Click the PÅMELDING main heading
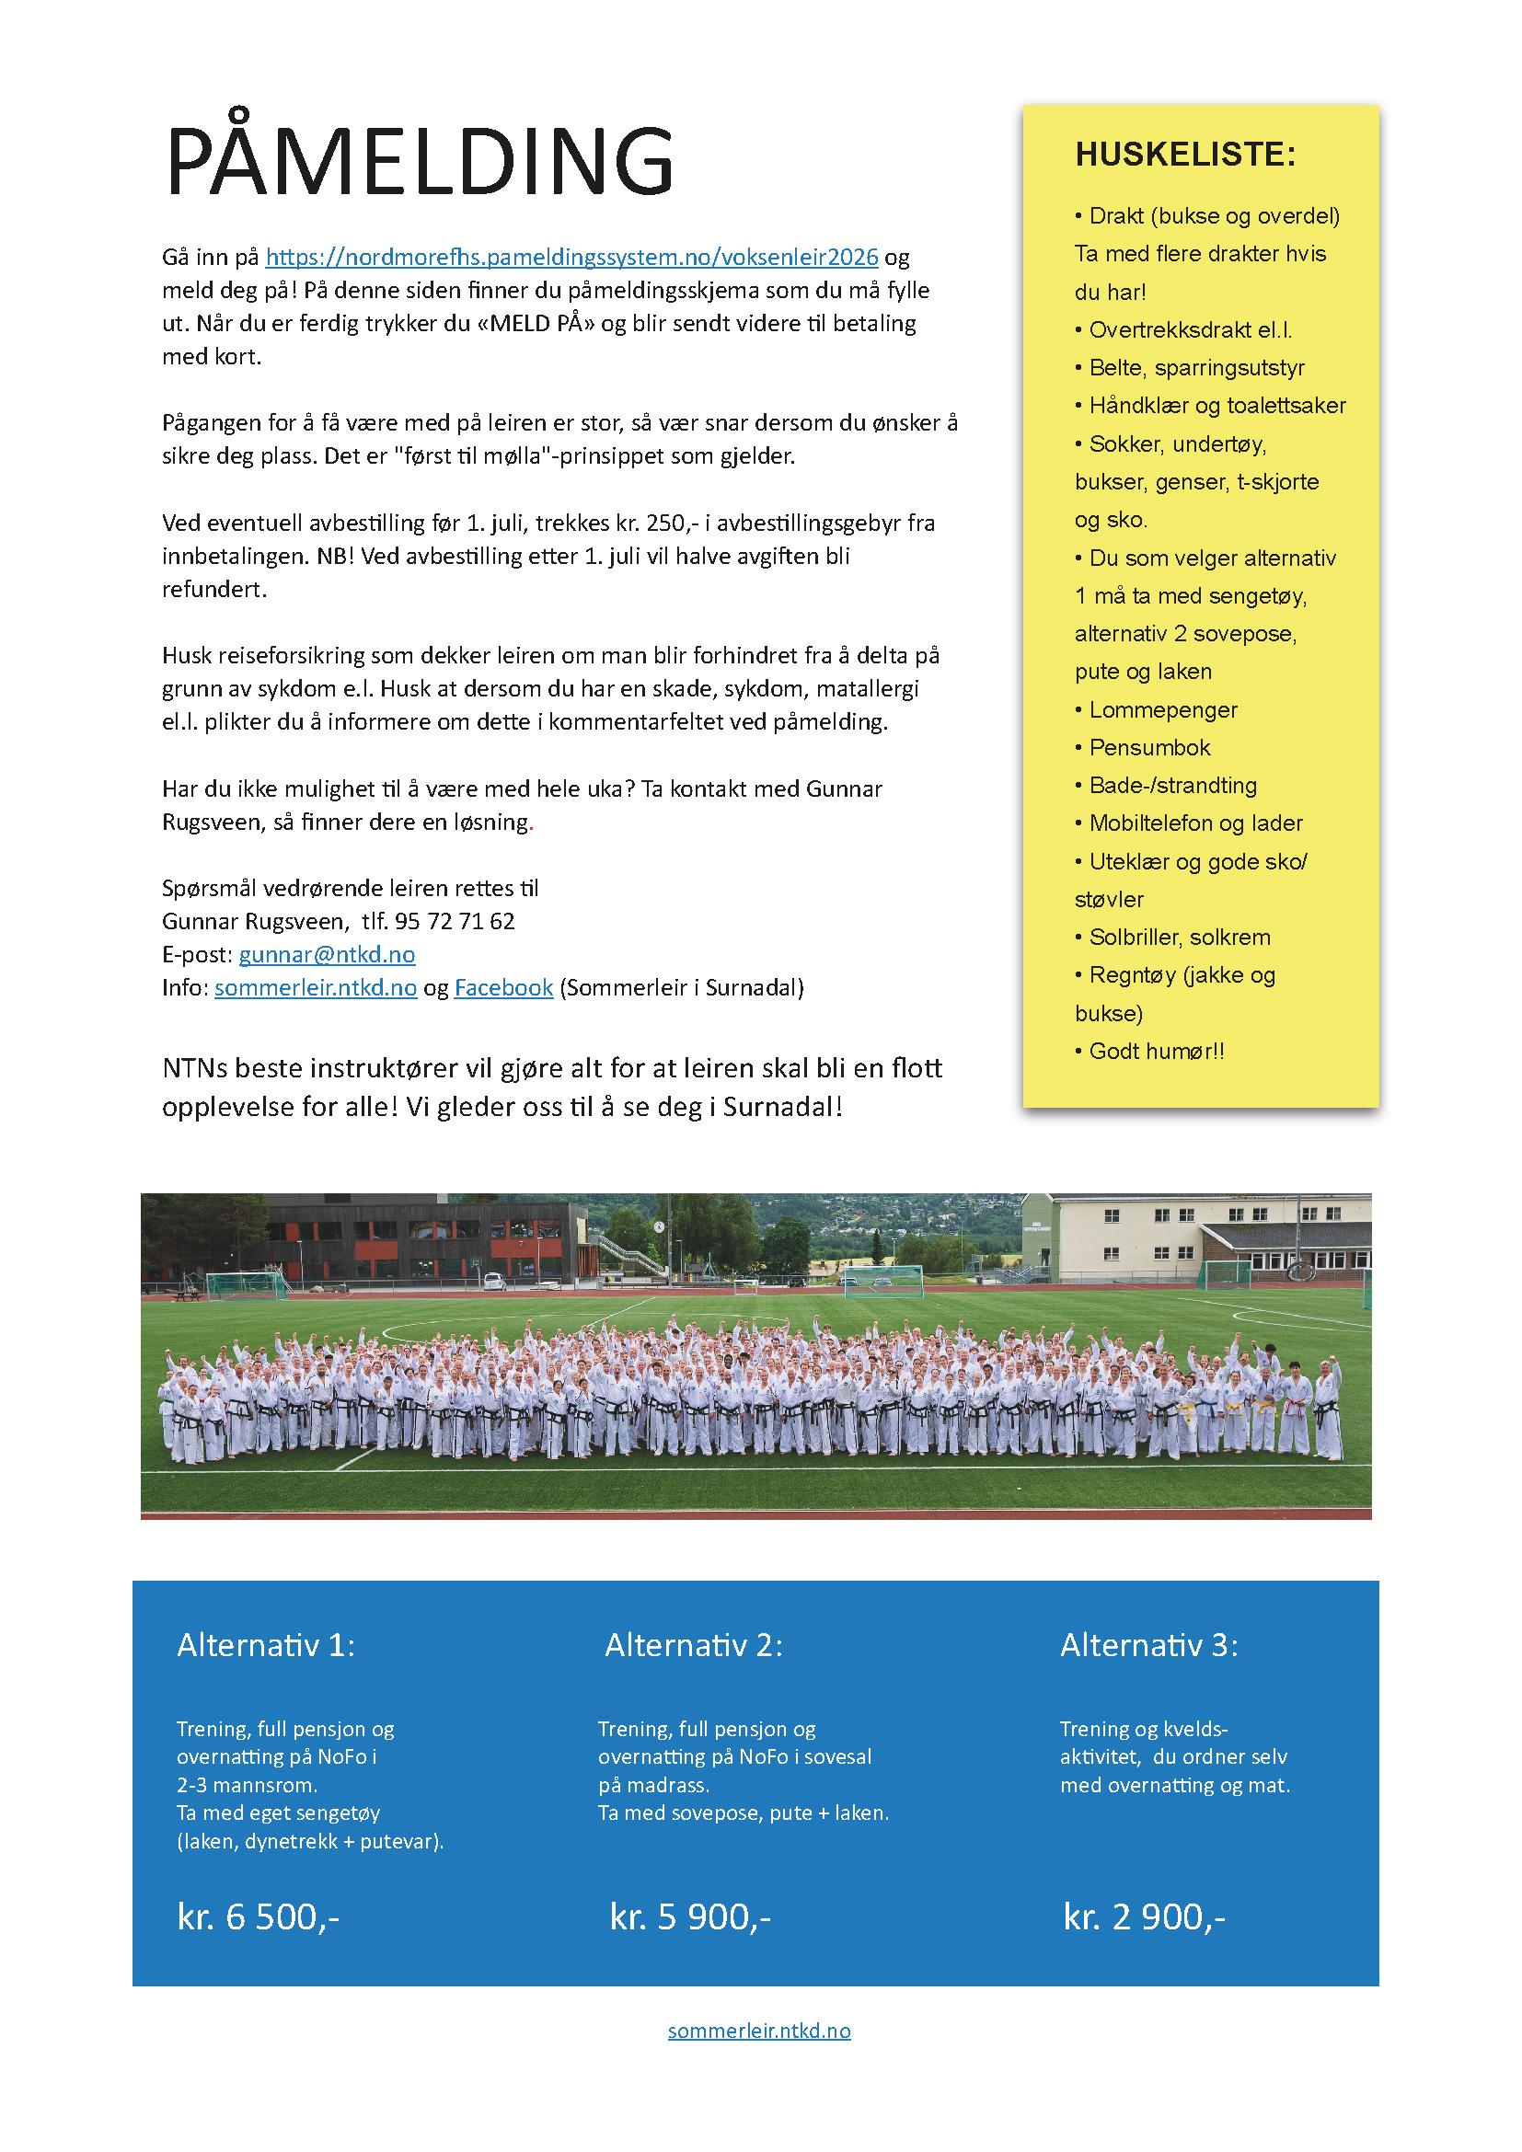coord(419,161)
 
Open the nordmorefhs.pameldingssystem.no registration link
coord(571,257)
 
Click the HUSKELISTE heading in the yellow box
coord(1184,155)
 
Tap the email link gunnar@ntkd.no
coord(326,954)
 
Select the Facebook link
coord(503,988)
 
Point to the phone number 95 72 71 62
coord(455,921)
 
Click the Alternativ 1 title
coord(266,1645)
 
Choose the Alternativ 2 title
coord(694,1645)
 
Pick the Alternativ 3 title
coord(1149,1645)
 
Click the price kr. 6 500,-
coord(258,1916)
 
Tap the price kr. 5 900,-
coord(690,1916)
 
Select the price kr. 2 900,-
coord(1144,1916)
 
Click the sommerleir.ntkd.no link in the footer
coord(759,2031)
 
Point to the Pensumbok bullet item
coord(1149,748)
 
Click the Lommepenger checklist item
coord(1162,710)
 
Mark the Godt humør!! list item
coord(1156,1052)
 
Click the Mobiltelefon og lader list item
coord(1195,823)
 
